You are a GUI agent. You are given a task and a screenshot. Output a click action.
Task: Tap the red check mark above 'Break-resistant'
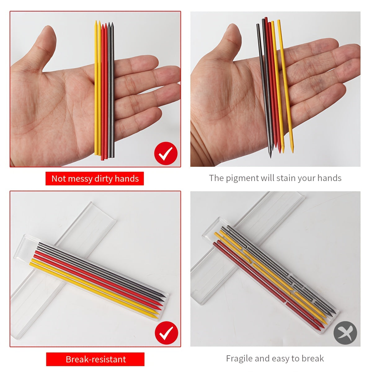click(166, 333)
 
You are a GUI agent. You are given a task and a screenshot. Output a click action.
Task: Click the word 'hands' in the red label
click(127, 179)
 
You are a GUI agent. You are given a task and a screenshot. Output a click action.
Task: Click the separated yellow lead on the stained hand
click(286, 86)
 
